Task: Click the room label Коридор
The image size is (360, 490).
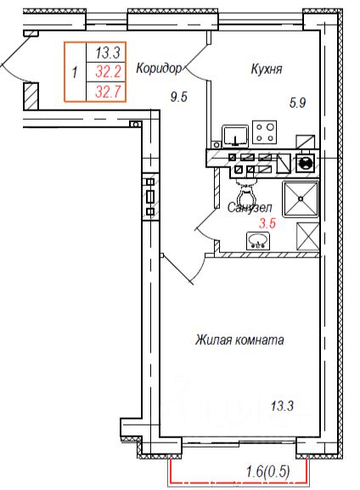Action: pyautogui.click(x=159, y=68)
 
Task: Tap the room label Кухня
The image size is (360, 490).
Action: pyautogui.click(x=267, y=69)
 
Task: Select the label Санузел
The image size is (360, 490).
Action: pyautogui.click(x=250, y=207)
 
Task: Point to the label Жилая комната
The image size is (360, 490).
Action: pyautogui.click(x=239, y=340)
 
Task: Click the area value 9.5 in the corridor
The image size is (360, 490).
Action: pyautogui.click(x=179, y=97)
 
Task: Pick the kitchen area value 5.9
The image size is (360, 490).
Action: pyautogui.click(x=297, y=103)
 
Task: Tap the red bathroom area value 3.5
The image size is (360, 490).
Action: pyautogui.click(x=267, y=223)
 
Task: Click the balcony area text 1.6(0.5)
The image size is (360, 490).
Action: pyautogui.click(x=267, y=471)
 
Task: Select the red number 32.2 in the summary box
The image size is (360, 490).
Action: pyautogui.click(x=108, y=72)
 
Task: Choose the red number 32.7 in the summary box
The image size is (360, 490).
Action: pyautogui.click(x=108, y=92)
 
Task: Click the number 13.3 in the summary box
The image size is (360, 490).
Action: pyautogui.click(x=108, y=52)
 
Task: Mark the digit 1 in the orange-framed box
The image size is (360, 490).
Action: pyautogui.click(x=75, y=73)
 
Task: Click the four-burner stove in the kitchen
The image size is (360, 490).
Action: pyautogui.click(x=264, y=132)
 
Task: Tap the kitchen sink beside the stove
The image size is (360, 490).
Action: pyautogui.click(x=235, y=136)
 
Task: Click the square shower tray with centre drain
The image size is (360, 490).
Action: pyautogui.click(x=301, y=199)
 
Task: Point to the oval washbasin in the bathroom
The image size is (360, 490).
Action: pyautogui.click(x=258, y=241)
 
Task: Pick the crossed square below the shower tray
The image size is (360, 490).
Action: pyautogui.click(x=308, y=236)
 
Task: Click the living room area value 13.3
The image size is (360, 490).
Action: pyautogui.click(x=282, y=407)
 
